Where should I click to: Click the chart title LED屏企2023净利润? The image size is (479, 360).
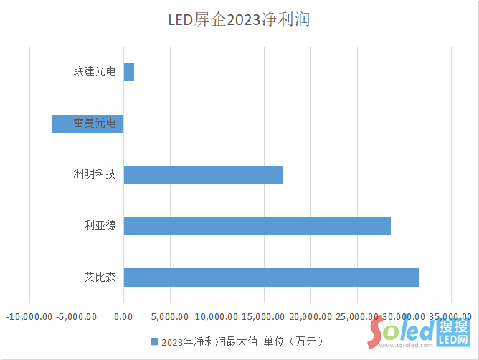click(239, 20)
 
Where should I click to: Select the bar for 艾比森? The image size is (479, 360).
click(270, 278)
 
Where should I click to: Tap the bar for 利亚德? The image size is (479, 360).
click(257, 226)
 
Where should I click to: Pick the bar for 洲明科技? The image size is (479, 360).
click(203, 174)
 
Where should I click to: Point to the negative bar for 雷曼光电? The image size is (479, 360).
click(87, 123)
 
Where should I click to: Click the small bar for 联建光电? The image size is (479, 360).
click(129, 72)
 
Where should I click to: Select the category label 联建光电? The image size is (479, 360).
click(95, 72)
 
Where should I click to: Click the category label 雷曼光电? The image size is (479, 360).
click(95, 123)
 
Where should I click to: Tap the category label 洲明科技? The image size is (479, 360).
click(95, 174)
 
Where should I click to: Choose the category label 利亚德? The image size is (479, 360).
click(100, 226)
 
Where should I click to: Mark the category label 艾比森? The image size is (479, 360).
click(100, 278)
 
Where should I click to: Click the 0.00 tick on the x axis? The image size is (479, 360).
click(123, 316)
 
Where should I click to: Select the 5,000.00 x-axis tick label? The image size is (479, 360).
click(170, 316)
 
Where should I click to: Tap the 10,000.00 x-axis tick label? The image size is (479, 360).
click(217, 316)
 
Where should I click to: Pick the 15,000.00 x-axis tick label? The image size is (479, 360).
click(263, 316)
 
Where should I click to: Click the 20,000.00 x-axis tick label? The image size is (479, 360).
click(310, 316)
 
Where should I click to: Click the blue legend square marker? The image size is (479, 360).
click(153, 341)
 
